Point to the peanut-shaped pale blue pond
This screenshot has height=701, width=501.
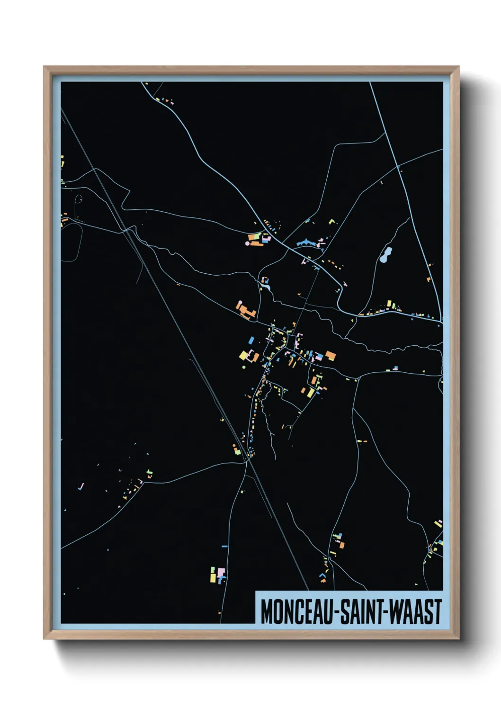point(385,255)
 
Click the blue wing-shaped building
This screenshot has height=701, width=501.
point(306,243)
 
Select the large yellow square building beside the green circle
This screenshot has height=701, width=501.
point(244,355)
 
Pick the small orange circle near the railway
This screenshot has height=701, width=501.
point(233,446)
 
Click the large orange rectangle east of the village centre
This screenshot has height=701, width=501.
point(330,355)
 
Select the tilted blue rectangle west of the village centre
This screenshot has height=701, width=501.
point(251,340)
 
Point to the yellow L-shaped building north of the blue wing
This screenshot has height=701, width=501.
point(331,221)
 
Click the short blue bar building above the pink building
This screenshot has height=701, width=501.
point(224,547)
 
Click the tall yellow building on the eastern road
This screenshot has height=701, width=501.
point(389,303)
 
